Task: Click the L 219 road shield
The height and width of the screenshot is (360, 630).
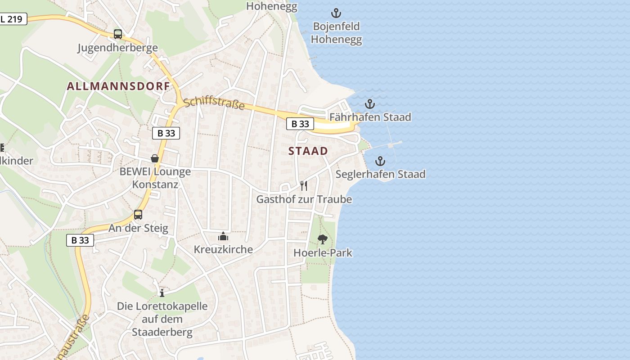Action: click(13, 19)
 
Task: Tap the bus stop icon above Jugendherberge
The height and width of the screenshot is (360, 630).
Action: click(117, 34)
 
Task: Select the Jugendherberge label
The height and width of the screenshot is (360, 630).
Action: click(117, 48)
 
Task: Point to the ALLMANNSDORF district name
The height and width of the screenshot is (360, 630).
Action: click(118, 86)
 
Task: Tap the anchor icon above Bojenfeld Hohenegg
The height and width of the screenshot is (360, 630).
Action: click(336, 13)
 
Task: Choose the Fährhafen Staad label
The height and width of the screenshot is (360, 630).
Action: click(370, 117)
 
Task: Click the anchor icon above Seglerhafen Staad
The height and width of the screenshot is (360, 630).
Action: click(380, 161)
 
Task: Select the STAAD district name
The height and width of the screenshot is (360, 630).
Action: click(308, 151)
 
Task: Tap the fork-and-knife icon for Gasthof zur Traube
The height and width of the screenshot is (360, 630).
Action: click(304, 185)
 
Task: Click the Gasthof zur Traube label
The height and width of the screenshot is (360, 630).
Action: click(304, 199)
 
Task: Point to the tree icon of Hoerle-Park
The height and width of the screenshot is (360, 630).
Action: click(322, 239)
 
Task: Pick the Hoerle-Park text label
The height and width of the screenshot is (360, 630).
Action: click(323, 253)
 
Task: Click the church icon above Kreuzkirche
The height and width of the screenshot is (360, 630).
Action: click(223, 236)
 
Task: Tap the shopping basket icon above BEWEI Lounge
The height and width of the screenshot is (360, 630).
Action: click(155, 158)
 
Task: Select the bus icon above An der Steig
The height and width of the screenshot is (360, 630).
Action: click(138, 215)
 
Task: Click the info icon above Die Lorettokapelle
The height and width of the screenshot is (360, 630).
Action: click(162, 293)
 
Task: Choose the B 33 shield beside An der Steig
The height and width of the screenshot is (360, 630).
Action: click(80, 240)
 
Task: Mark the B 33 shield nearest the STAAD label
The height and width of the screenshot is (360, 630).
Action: click(300, 124)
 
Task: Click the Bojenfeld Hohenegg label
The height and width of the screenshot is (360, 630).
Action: click(336, 33)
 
